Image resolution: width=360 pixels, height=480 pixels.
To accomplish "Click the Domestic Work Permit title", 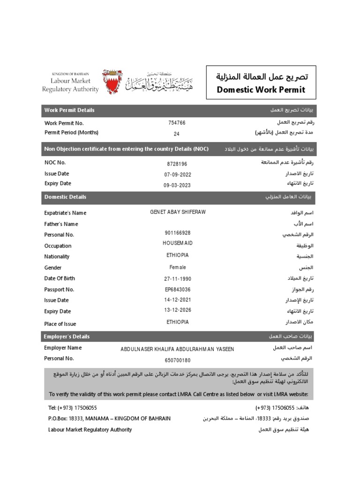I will [x=261, y=90].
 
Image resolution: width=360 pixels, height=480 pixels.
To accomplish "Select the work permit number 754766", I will [x=177, y=123].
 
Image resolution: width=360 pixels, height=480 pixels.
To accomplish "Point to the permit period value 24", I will [x=177, y=134].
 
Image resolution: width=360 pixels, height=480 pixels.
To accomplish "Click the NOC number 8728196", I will [x=177, y=164].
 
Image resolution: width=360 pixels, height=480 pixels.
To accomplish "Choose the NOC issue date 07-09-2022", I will [x=177, y=174].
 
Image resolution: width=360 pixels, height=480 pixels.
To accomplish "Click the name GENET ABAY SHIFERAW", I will [x=177, y=212].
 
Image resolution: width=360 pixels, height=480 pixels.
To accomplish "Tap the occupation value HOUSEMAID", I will [x=177, y=243].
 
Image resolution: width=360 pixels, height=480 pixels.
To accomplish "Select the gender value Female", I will [x=178, y=267].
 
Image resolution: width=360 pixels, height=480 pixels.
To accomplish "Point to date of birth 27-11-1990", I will [x=177, y=279].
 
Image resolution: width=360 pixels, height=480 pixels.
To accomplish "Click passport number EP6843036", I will [x=177, y=290].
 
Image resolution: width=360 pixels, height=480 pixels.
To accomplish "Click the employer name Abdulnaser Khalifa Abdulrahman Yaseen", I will [x=177, y=349].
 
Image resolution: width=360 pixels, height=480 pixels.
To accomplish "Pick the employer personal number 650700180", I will [x=177, y=360].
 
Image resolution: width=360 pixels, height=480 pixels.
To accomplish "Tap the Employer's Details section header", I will [x=67, y=337].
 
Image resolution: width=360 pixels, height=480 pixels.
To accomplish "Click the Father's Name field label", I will [x=61, y=224].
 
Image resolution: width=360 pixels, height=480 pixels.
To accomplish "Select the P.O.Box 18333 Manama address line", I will [x=109, y=418].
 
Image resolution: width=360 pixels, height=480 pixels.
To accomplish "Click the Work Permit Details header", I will [x=69, y=110].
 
